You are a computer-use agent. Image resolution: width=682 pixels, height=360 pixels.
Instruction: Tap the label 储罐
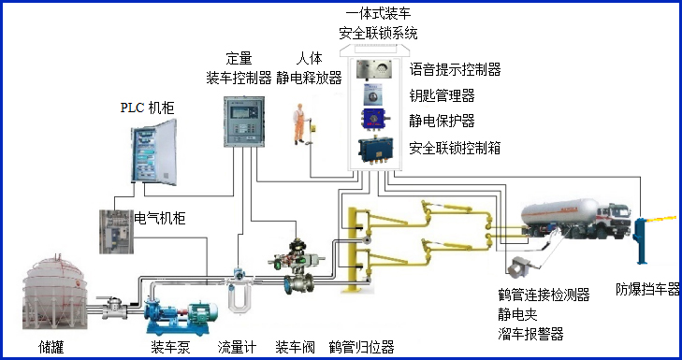(52, 347)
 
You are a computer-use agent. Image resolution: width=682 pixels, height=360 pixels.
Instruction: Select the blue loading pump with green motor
(183, 314)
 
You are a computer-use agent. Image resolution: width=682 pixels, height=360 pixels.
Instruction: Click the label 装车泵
(172, 347)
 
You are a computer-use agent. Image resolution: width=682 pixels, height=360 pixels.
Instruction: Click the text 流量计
(238, 347)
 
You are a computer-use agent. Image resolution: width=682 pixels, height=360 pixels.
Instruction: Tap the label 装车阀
(295, 347)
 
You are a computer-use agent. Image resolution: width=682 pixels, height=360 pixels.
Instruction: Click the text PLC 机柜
(147, 108)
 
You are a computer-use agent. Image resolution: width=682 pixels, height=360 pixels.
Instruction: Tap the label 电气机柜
(160, 219)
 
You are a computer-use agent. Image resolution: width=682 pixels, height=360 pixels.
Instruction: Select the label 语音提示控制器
(455, 69)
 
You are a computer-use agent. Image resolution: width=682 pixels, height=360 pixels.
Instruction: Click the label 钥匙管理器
(442, 94)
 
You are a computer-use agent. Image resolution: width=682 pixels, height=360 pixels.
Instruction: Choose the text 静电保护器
(442, 121)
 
